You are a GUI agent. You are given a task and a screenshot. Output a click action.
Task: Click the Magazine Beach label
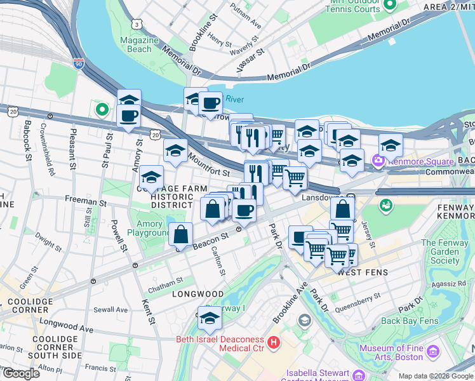pyautogui.click(x=135, y=44)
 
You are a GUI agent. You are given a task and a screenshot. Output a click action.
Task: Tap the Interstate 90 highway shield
pyautogui.click(x=78, y=64)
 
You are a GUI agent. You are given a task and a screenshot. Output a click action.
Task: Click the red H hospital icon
pyautogui.click(x=274, y=344)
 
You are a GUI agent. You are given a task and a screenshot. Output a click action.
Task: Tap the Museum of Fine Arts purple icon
pyautogui.click(x=434, y=352)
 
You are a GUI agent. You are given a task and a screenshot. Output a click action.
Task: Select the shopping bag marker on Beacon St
pyautogui.click(x=182, y=234)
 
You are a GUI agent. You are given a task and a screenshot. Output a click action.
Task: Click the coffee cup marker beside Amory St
pyautogui.click(x=129, y=116)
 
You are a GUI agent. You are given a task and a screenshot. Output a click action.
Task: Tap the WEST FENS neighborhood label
pyautogui.click(x=363, y=272)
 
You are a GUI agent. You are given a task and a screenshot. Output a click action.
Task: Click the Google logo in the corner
pyautogui.click(x=21, y=373)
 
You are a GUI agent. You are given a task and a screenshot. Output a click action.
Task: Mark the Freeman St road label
pyautogui.click(x=85, y=201)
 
